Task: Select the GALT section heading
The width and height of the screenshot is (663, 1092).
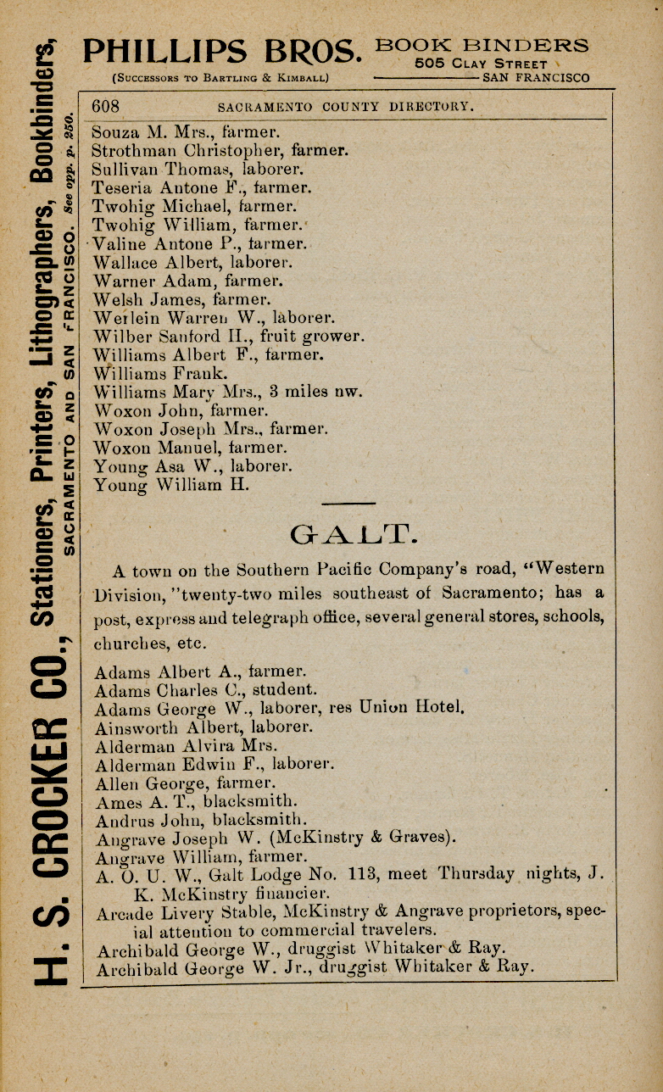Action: coord(351,534)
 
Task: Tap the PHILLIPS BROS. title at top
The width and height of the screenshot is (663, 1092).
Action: coord(222,53)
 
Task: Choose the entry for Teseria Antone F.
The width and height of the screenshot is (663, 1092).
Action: coord(202,187)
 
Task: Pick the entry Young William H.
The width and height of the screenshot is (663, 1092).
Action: coord(172,486)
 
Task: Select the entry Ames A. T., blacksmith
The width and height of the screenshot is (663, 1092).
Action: coord(197,801)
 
